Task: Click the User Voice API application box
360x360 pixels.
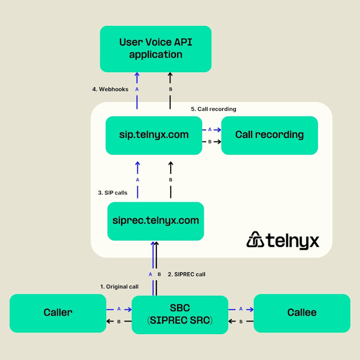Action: pos(155,48)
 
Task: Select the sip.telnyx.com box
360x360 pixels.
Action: pos(153,135)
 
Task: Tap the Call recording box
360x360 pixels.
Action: pos(269,135)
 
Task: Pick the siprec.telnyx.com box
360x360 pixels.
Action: pos(155,220)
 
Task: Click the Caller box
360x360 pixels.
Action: pos(58,313)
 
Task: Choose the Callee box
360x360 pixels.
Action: pos(302,313)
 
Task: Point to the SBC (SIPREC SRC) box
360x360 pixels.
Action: pos(179,314)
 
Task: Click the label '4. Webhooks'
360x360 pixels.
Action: pos(110,89)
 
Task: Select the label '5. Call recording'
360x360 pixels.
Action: pos(213,109)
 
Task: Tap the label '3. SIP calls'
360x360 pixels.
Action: pos(112,193)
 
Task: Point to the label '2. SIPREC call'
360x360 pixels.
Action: pos(186,274)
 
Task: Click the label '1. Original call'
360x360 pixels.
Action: pos(119,286)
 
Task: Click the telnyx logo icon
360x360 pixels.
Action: pos(255,240)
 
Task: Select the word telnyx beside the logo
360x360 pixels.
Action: pos(292,241)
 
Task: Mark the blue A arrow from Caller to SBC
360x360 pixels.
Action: pos(119,309)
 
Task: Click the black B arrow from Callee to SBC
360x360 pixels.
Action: pos(241,321)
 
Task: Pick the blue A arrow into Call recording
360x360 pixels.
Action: pos(211,130)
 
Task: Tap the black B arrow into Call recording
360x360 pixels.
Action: pos(211,141)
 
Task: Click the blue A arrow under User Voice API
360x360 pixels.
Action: pos(137,87)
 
